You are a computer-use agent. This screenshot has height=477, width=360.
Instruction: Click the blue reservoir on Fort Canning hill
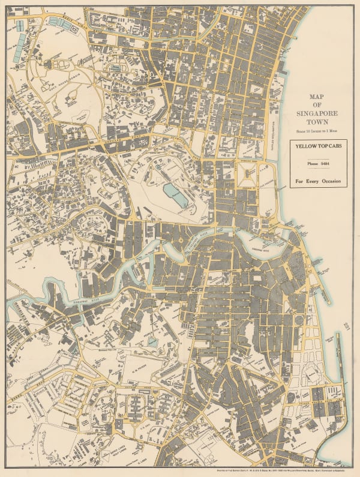[x=174, y=196]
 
